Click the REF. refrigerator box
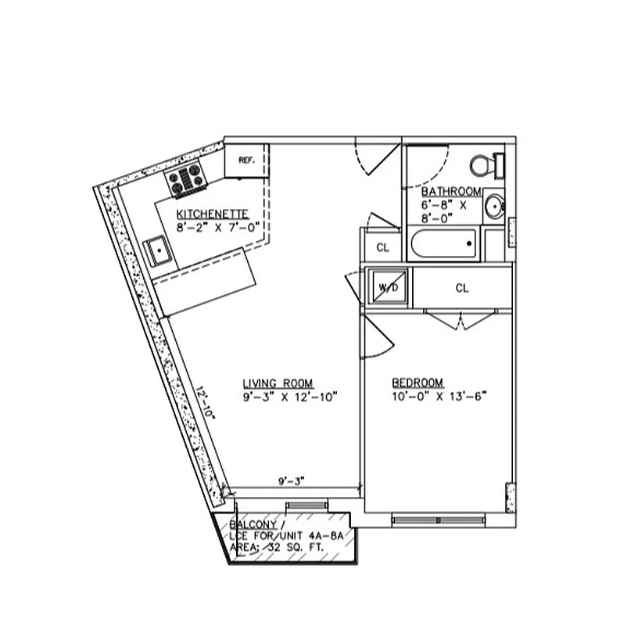tap(246, 160)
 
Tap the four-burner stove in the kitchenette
tap(186, 180)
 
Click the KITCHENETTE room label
tap(213, 214)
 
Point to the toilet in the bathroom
tap(486, 165)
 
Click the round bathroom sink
tap(493, 207)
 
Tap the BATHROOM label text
tap(450, 192)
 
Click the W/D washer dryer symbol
tap(388, 287)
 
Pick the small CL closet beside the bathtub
tap(382, 247)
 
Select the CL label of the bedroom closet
tap(461, 288)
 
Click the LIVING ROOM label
tap(278, 383)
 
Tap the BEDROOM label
tap(418, 383)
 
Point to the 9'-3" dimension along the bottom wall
tap(291, 481)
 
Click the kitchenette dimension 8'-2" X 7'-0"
tap(217, 227)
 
